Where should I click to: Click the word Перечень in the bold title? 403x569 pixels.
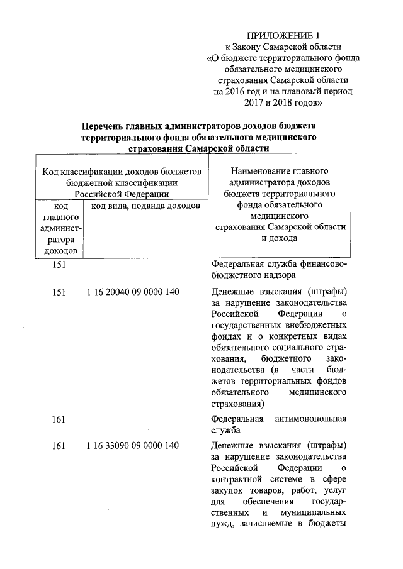point(112,125)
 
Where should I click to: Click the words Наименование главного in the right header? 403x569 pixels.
point(280,170)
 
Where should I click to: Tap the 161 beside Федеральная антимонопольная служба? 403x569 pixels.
point(59,418)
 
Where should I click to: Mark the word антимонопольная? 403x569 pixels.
point(311,418)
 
